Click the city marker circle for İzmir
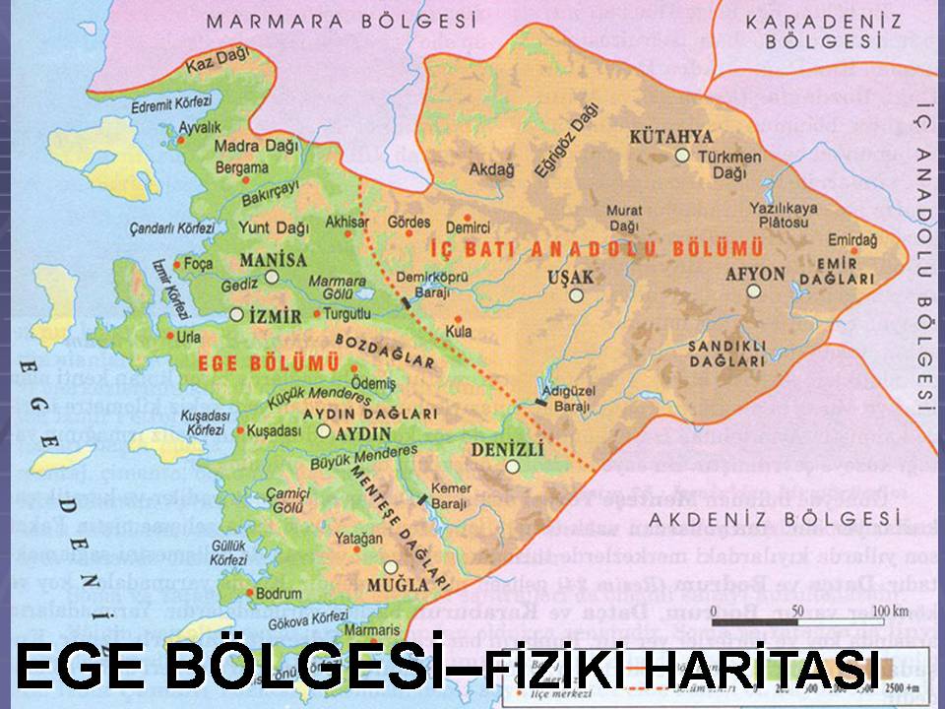pos(236,314)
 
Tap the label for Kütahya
pos(672,135)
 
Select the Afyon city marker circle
pos(753,290)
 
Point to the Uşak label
pos(572,277)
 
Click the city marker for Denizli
pos(512,468)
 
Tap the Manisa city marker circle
pos(271,277)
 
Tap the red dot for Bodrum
pos(247,594)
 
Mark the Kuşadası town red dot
pos(239,431)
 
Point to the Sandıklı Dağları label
pos(726,354)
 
